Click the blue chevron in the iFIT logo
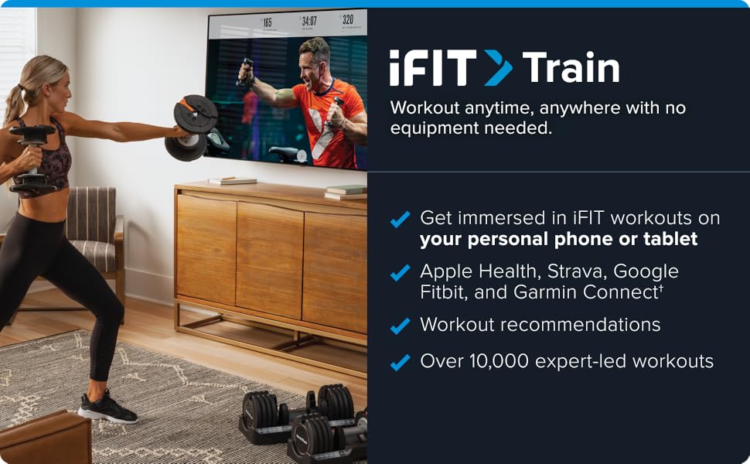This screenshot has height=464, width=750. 498,68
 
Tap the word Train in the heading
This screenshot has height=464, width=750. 571,68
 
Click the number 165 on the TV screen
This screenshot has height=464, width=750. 267,22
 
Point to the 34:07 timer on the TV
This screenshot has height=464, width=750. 309,21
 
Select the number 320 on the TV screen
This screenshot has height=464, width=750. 348,19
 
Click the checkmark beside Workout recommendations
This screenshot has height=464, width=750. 400,326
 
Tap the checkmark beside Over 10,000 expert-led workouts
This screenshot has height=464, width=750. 400,362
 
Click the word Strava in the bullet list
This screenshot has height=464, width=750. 577,271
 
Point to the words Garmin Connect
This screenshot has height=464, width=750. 586,292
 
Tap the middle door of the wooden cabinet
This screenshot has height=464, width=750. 269,260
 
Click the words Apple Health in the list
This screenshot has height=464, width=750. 481,271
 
